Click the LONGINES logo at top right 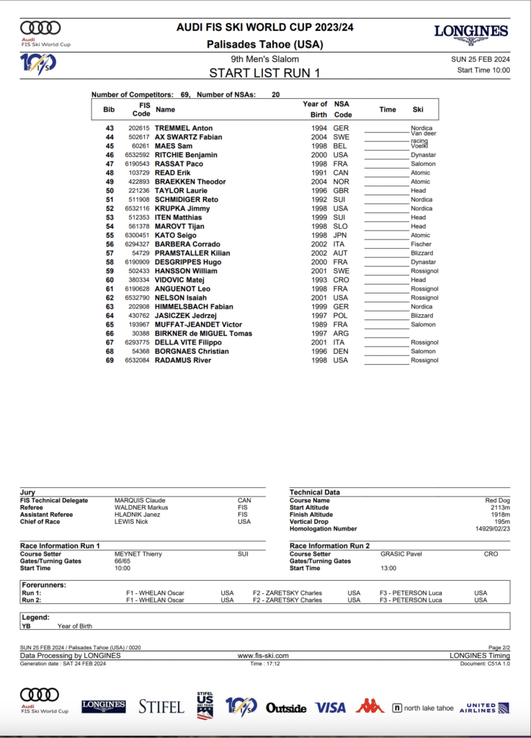(471, 32)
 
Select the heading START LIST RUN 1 (264, 73)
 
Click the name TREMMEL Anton (184, 128)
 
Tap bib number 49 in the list (110, 182)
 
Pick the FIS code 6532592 (138, 155)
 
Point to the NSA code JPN (340, 235)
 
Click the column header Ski (418, 110)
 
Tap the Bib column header (109, 110)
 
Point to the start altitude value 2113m (499, 507)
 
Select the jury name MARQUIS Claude (140, 500)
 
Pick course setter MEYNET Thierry (138, 554)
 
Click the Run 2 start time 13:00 (389, 568)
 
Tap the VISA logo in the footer (330, 708)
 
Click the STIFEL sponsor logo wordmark (161, 707)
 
